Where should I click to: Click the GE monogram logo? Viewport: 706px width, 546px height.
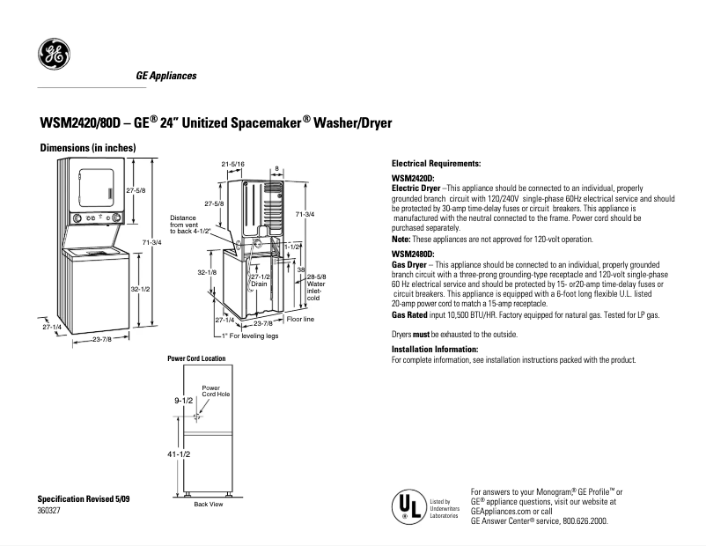[x=53, y=56]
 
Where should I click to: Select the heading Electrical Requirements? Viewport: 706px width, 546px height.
[x=436, y=164]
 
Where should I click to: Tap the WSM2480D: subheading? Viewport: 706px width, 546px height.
[x=414, y=254]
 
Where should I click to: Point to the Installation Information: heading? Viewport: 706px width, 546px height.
[x=438, y=350]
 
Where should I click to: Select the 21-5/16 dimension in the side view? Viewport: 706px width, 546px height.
[x=232, y=165]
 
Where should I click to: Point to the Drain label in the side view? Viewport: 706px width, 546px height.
[x=258, y=284]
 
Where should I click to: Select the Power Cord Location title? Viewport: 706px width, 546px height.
[x=195, y=359]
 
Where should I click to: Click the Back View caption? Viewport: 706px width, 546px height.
[x=208, y=504]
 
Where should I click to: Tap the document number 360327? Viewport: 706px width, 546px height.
[x=49, y=509]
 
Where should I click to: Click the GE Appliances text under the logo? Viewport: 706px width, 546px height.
[x=165, y=77]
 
